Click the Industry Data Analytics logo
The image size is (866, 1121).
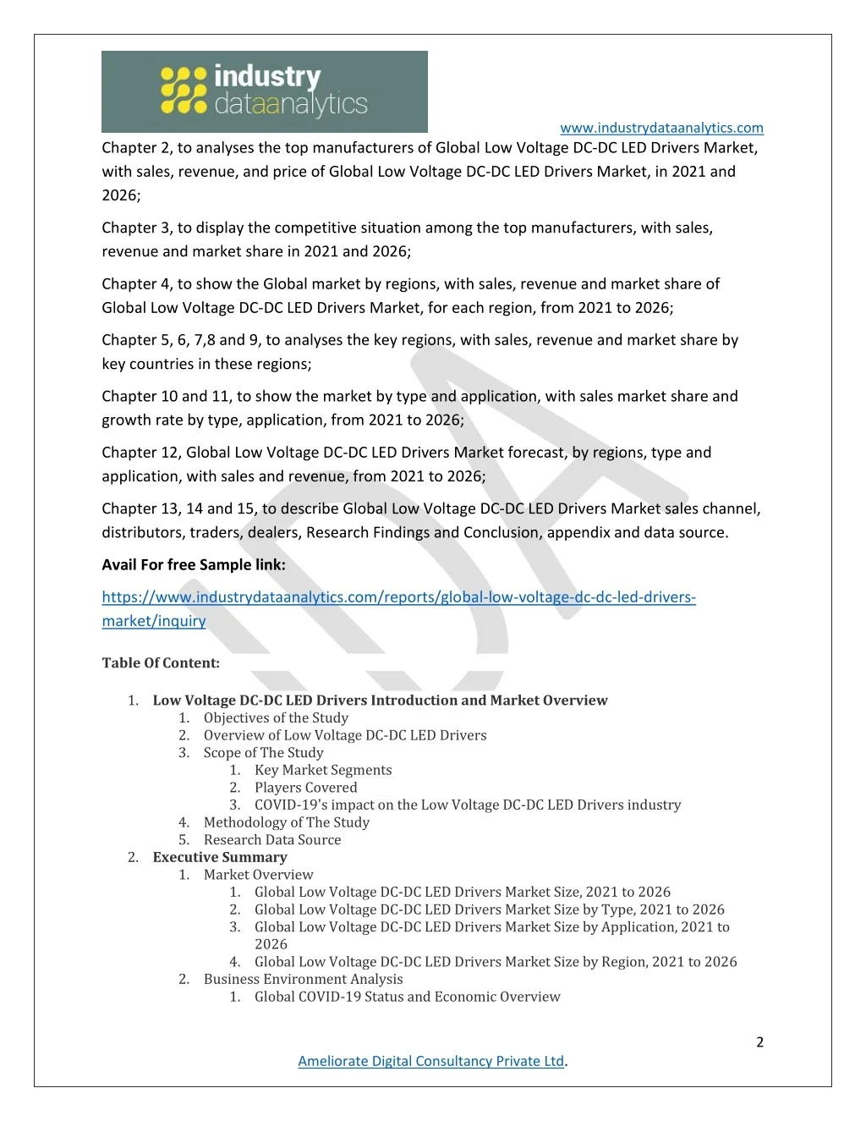pyautogui.click(x=264, y=91)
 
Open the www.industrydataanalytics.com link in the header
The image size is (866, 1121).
pyautogui.click(x=661, y=128)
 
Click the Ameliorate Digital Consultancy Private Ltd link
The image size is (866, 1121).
pyautogui.click(x=430, y=1061)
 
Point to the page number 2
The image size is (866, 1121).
pyautogui.click(x=759, y=1041)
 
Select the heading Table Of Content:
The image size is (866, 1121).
pyautogui.click(x=161, y=662)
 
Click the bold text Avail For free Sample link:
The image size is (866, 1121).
pyautogui.click(x=194, y=564)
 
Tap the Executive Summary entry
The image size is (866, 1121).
pyautogui.click(x=220, y=857)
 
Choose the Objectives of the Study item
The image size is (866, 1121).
pyautogui.click(x=276, y=717)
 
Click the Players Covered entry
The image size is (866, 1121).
pyautogui.click(x=305, y=787)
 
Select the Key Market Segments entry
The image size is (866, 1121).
pyautogui.click(x=323, y=770)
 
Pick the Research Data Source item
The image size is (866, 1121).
pyautogui.click(x=272, y=839)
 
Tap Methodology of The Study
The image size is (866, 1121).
pyautogui.click(x=286, y=822)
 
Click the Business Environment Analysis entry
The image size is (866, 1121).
pyautogui.click(x=303, y=979)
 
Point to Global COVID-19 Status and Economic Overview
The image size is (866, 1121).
pyautogui.click(x=407, y=997)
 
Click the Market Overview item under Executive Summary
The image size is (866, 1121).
pyautogui.click(x=258, y=875)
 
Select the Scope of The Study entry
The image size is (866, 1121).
pyautogui.click(x=263, y=752)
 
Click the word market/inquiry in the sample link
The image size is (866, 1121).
pyautogui.click(x=154, y=621)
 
